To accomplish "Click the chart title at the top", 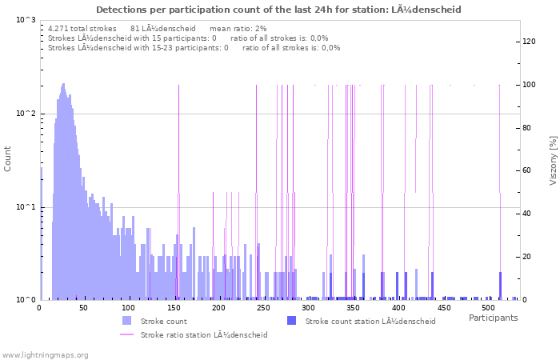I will point(278,10).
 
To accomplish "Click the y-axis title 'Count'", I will point(8,159).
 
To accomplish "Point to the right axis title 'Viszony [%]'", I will point(552,160).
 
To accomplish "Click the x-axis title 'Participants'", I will point(493,318).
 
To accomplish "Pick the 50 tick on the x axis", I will point(84,307).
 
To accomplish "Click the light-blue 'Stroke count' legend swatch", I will point(126,321).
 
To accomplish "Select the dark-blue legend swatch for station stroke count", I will point(291,321).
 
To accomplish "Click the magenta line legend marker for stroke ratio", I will point(126,334).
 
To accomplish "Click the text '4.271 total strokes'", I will point(82,28).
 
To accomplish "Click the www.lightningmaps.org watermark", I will point(45,354).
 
